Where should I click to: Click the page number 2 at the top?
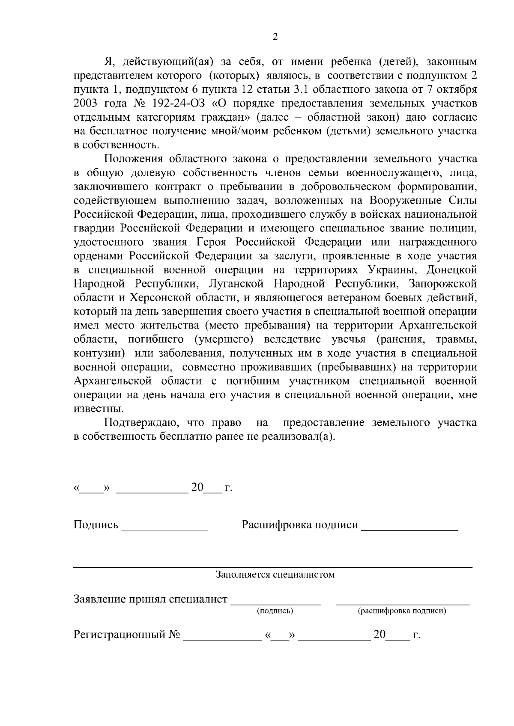(275, 37)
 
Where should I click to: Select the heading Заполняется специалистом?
(275, 575)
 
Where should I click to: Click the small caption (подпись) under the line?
(275, 611)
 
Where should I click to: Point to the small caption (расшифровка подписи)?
(402, 611)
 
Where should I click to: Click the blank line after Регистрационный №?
(222, 639)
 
